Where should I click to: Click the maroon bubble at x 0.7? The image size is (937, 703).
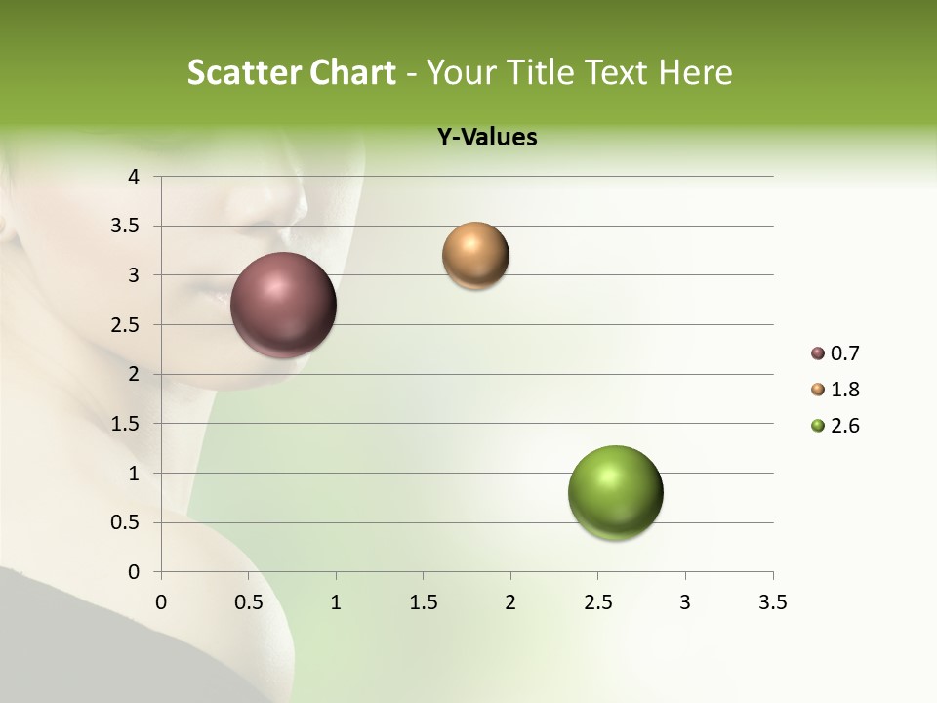tap(284, 305)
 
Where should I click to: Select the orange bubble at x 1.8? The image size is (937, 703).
tap(475, 256)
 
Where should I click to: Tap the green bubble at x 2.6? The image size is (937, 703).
tap(616, 492)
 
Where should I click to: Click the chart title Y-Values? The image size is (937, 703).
tap(487, 138)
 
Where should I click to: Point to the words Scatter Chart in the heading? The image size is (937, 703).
tap(291, 72)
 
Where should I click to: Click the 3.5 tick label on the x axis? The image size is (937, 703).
tap(772, 602)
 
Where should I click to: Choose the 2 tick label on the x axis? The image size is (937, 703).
tap(510, 602)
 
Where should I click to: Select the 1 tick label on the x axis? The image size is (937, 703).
tap(336, 602)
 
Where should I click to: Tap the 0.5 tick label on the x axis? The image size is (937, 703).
tap(248, 602)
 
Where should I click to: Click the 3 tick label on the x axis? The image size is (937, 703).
tap(685, 602)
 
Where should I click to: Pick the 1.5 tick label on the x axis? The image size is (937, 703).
tap(423, 602)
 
